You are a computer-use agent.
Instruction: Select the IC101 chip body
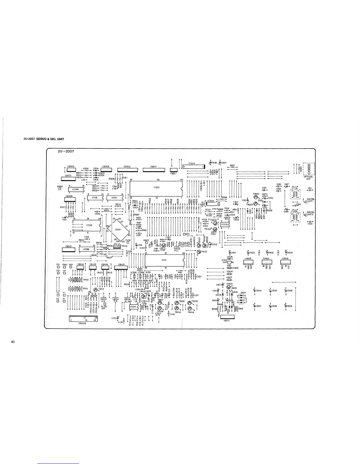tap(164, 260)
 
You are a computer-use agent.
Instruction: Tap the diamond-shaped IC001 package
tap(118, 229)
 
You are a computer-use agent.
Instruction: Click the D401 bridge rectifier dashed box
tap(242, 299)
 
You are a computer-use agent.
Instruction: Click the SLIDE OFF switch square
tap(105, 303)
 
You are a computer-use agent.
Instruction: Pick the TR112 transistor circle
tap(96, 290)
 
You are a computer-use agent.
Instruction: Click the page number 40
tap(13, 342)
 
